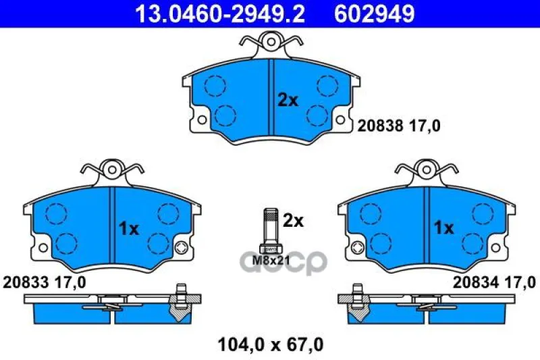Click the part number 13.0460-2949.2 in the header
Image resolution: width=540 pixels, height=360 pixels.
[220, 14]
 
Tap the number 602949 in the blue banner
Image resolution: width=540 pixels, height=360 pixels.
[375, 14]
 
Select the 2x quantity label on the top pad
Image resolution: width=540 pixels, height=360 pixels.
[288, 101]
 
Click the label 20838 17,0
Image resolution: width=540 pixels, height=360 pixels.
[399, 126]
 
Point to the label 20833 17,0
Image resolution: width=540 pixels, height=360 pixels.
[45, 283]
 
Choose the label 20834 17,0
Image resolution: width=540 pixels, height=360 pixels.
[494, 283]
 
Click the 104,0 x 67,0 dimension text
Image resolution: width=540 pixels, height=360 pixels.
[271, 344]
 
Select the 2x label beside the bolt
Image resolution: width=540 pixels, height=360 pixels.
[293, 221]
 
